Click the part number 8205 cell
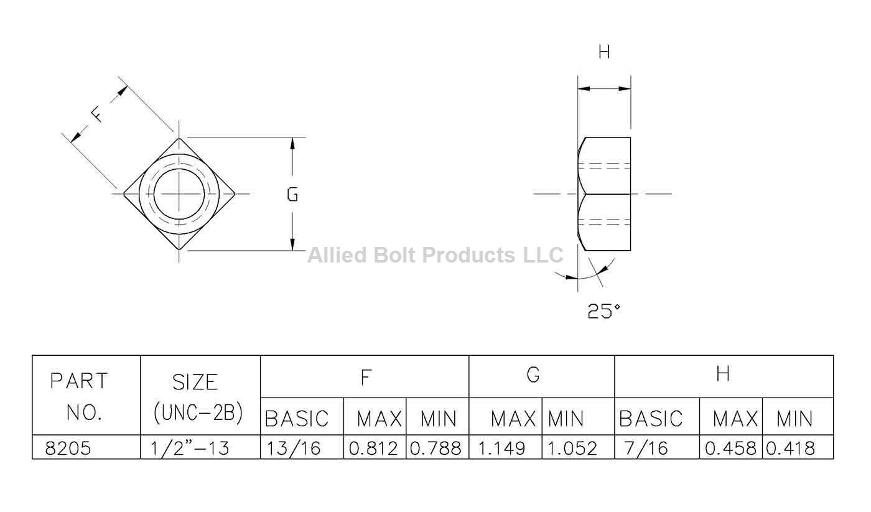point(68,448)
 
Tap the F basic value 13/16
point(294,448)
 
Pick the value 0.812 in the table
point(373,448)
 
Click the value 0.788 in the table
point(436,448)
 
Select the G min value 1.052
point(572,448)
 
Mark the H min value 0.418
point(790,448)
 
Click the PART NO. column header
point(79,396)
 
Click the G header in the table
point(533,375)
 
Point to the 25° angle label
point(603,310)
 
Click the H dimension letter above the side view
point(604,52)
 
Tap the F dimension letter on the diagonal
point(96,114)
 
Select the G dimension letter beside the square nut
point(292,194)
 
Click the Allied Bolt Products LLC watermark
point(435,255)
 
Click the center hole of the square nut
point(179,193)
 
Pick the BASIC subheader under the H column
point(651,419)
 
